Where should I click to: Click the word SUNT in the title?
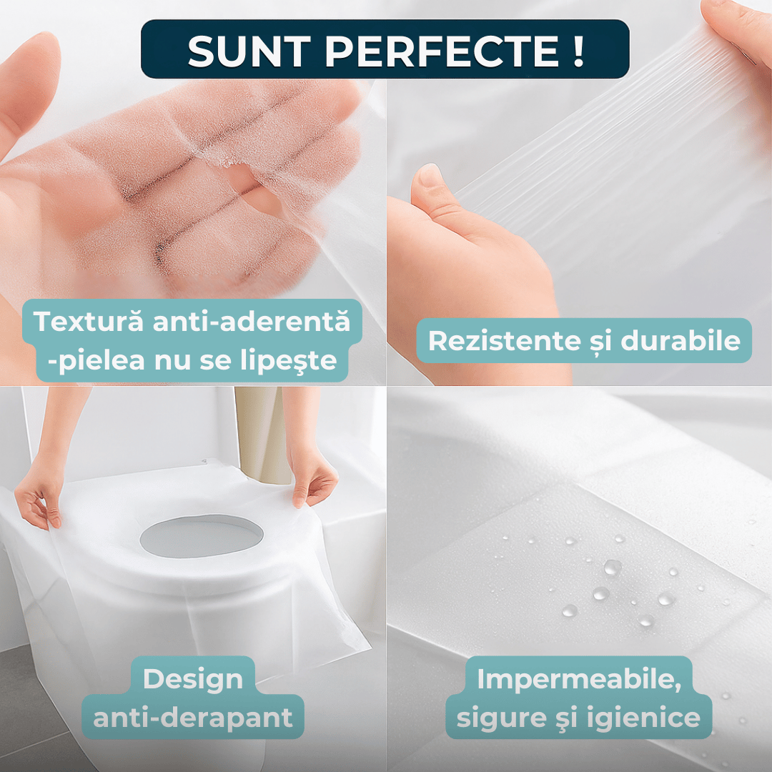[x=249, y=51]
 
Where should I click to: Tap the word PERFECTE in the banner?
[x=442, y=51]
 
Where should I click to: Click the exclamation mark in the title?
[x=578, y=51]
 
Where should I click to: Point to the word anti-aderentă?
[x=252, y=322]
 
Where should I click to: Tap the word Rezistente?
[x=505, y=341]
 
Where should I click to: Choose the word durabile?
[x=681, y=341]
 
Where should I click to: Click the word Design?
[x=193, y=681]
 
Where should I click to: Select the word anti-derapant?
[x=193, y=718]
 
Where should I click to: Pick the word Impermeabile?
[x=579, y=680]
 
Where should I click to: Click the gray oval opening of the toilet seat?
[x=202, y=536]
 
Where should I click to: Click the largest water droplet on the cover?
[x=612, y=567]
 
